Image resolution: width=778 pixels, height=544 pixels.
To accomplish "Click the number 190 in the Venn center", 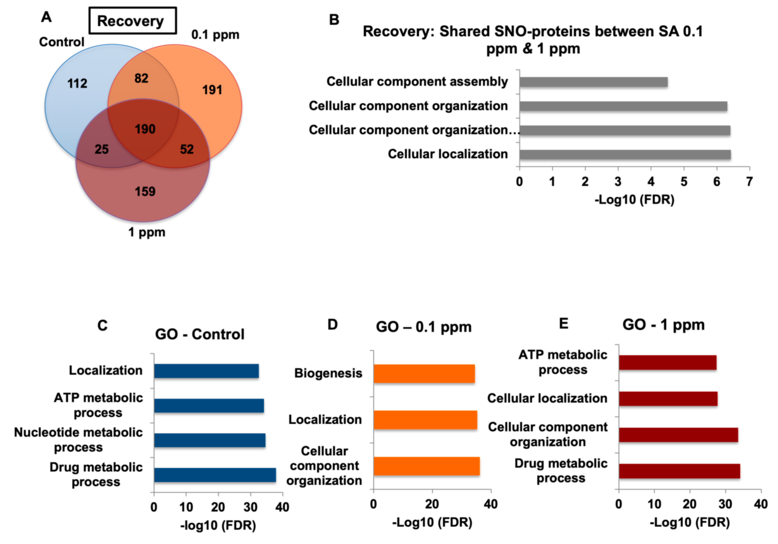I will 145,129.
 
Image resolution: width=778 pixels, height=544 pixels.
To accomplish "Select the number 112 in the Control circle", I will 77,83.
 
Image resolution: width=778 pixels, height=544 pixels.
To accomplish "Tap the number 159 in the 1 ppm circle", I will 145,192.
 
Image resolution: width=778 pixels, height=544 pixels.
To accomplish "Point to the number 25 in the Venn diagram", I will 102,149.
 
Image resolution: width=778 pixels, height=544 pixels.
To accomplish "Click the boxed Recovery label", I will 132,21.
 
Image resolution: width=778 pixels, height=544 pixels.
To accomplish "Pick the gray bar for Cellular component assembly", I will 593,82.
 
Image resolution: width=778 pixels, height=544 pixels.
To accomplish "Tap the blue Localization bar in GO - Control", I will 206,371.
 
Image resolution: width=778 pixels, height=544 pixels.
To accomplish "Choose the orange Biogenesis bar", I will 424,374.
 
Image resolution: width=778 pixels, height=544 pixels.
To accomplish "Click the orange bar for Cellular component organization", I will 426,466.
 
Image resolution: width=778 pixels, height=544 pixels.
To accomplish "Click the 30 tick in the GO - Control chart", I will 250,507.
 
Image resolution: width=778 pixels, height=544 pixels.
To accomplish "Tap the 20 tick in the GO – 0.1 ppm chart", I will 432,504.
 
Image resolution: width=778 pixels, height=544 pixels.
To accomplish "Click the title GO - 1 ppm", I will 663,325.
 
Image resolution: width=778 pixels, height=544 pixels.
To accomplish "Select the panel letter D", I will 333,325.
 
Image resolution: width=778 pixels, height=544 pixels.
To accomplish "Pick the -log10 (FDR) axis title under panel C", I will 218,525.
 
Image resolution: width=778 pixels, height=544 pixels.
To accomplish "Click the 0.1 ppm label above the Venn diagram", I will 215,35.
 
